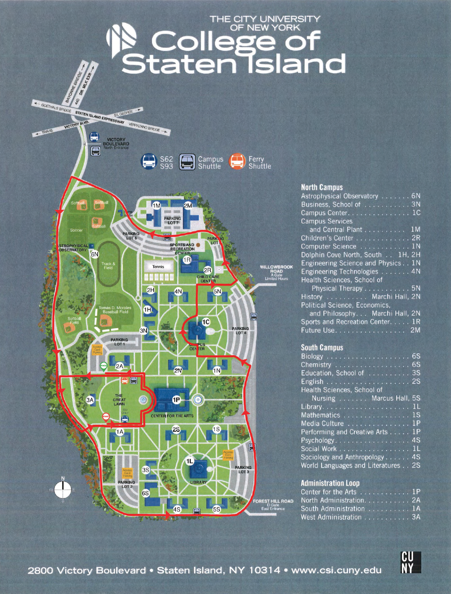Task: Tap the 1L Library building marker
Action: tap(189, 461)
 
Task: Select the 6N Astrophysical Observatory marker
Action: tap(95, 254)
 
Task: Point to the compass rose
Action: tap(63, 490)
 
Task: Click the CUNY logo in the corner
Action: tap(411, 562)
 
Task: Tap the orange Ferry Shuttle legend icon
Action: tap(237, 162)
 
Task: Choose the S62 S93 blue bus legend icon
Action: tap(149, 162)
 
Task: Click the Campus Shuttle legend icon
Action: tap(187, 162)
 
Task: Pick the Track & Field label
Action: tap(108, 266)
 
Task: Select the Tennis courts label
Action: tap(158, 266)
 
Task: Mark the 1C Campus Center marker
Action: tap(206, 322)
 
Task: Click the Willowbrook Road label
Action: tap(276, 269)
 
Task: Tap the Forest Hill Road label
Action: tap(273, 501)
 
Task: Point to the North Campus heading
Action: tap(322, 187)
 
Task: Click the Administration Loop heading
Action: tap(330, 483)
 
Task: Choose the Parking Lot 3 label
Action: tap(243, 470)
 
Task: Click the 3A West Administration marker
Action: tap(90, 400)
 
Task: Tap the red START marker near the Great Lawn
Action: tap(106, 417)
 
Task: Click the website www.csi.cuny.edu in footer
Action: tap(336, 570)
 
